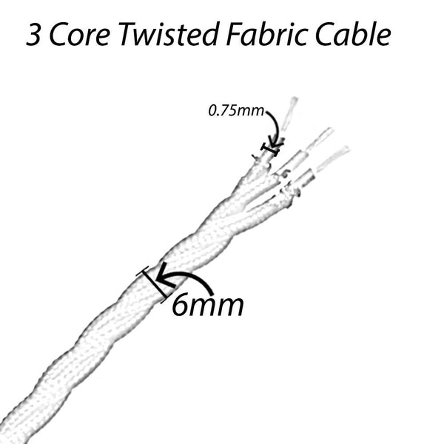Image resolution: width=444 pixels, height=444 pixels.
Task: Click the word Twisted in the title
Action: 169,34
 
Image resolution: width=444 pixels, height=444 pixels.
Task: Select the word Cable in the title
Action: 353,34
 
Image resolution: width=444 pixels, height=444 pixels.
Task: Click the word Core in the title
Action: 80,35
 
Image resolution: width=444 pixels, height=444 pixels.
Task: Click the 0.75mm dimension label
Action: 236,110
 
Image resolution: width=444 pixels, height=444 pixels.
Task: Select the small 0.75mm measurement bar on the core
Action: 271,149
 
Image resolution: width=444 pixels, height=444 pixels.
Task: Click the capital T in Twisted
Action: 128,35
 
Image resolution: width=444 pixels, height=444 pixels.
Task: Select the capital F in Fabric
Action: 235,35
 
